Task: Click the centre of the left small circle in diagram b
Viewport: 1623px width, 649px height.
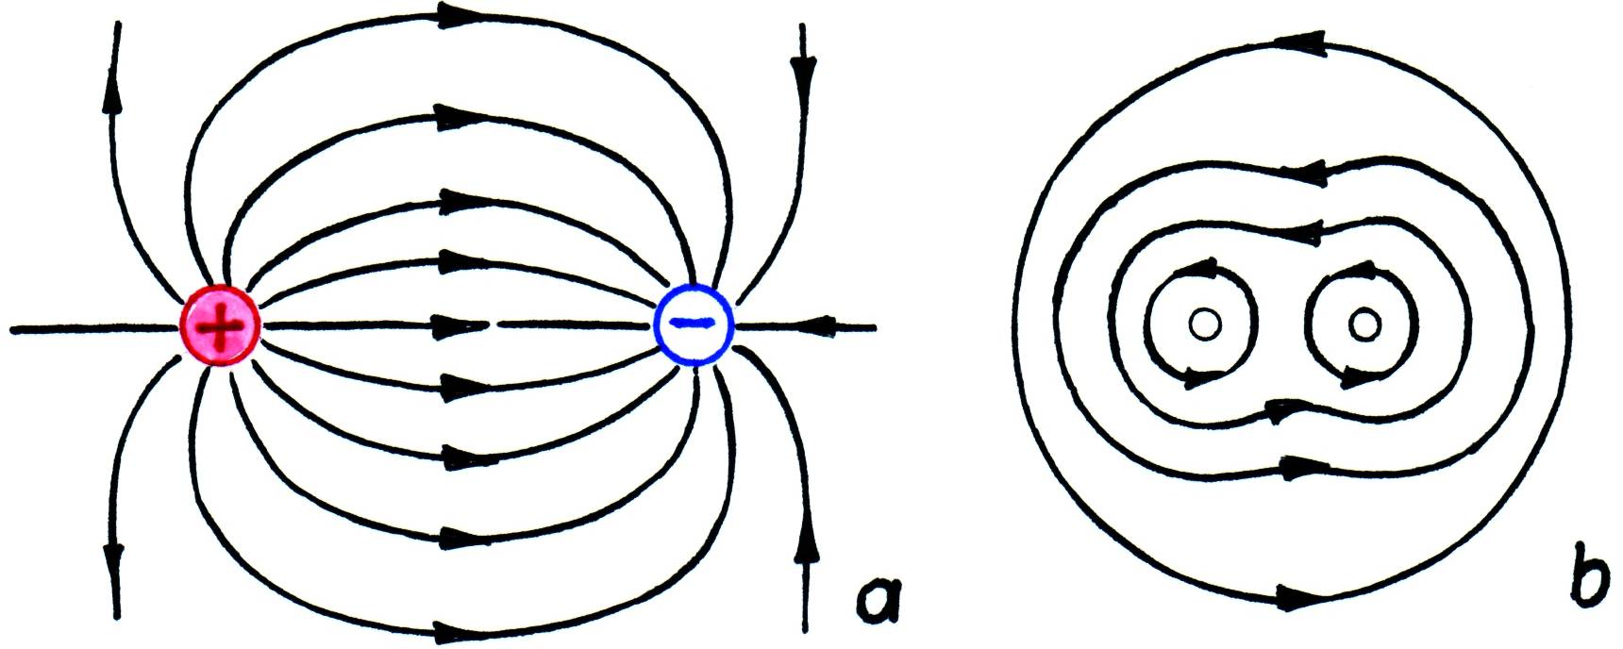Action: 1204,324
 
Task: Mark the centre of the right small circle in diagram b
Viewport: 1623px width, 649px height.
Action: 1364,324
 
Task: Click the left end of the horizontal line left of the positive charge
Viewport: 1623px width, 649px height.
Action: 11,330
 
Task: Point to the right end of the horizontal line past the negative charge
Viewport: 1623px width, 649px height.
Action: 876,328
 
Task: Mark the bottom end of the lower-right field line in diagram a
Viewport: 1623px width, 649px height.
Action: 805,630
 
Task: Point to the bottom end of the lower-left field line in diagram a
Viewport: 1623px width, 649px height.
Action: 118,618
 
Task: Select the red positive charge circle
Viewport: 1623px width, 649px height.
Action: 220,325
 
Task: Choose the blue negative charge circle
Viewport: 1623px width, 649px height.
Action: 694,324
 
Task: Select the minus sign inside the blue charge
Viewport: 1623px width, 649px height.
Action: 693,323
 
